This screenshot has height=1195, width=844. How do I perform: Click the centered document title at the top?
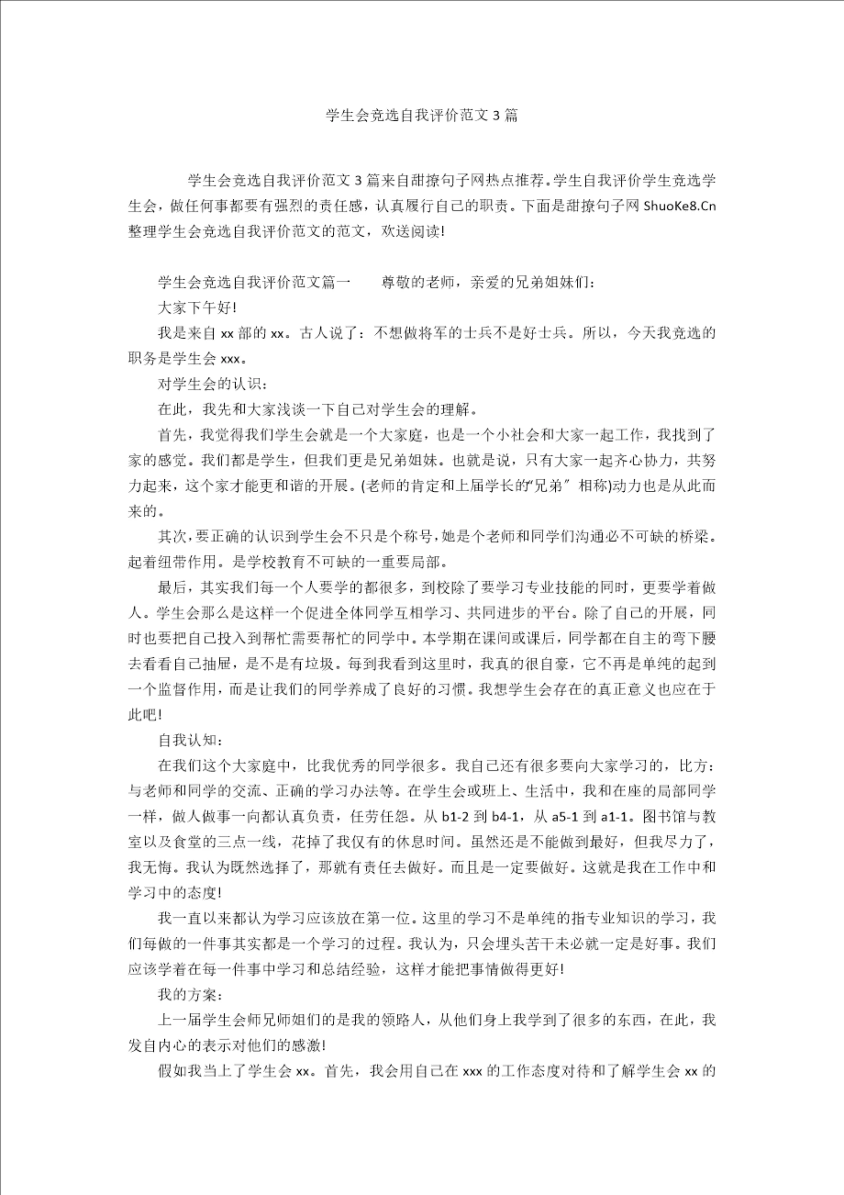[x=422, y=115]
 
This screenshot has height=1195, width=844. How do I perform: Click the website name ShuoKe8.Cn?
[x=679, y=206]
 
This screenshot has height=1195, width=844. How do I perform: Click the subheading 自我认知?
[x=191, y=740]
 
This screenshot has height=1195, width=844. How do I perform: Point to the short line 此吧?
[x=145, y=715]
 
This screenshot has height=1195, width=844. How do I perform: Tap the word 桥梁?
[x=694, y=537]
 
